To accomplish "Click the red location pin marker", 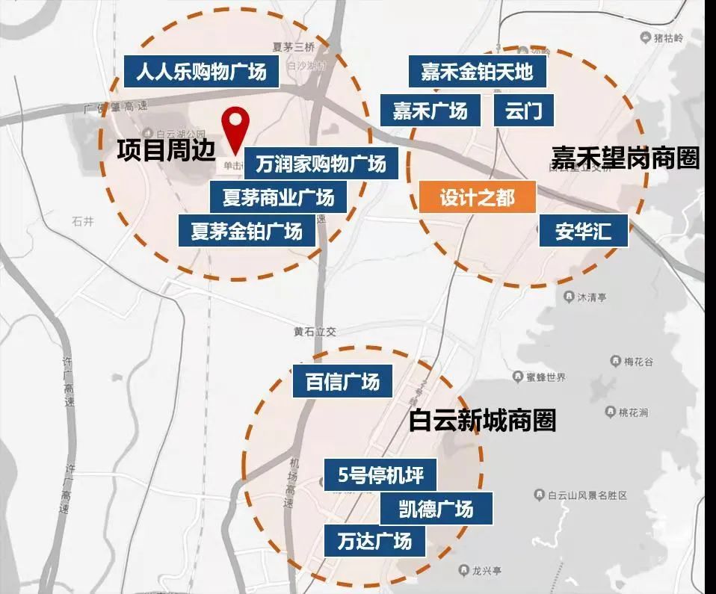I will tap(238, 124).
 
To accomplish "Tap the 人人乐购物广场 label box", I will tap(201, 72).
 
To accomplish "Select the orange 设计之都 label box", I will tap(478, 198).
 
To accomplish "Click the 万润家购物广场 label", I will tap(321, 163).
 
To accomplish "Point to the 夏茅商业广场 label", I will tap(278, 198).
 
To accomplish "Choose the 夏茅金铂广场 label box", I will tap(246, 231).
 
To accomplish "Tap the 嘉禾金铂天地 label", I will tap(477, 72).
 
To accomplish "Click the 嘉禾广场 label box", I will tap(430, 111).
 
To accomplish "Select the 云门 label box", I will tap(524, 111).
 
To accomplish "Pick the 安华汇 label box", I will tap(583, 231).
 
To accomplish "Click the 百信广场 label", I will tap(342, 382).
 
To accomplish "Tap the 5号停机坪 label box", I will tap(380, 475).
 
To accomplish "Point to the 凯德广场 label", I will tap(436, 510).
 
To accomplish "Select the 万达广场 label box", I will tap(374, 540).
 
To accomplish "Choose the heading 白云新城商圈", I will tap(482, 420).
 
